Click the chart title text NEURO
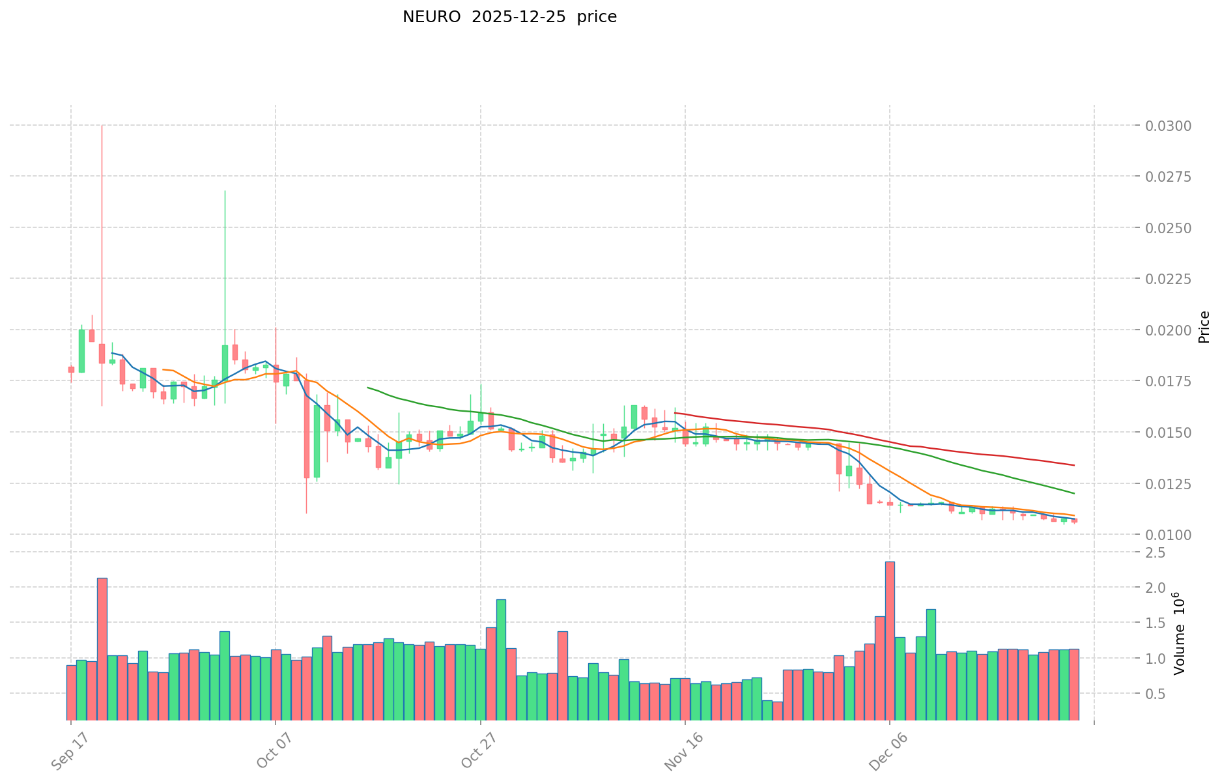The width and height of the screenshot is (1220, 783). click(427, 17)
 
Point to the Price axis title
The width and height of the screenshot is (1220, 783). click(1204, 327)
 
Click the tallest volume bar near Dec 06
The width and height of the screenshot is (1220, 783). click(890, 641)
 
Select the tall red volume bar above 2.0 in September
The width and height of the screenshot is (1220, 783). click(102, 649)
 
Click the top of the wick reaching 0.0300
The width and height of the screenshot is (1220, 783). click(102, 126)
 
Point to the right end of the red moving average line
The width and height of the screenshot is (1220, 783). click(1074, 465)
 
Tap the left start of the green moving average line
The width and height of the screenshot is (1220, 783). click(368, 388)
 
